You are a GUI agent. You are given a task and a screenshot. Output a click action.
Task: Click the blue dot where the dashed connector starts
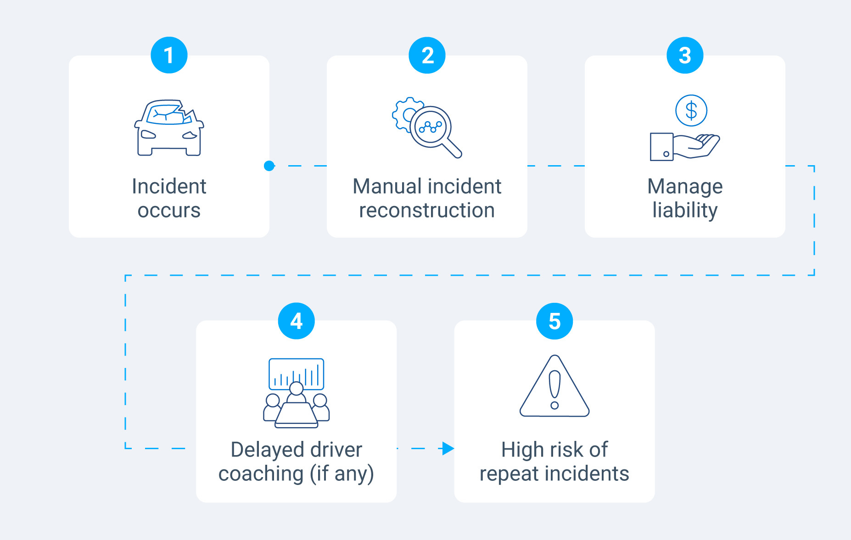tap(269, 166)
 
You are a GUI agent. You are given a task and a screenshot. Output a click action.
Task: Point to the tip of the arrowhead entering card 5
tap(454, 448)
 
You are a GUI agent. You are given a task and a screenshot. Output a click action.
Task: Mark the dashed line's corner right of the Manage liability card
tap(814, 166)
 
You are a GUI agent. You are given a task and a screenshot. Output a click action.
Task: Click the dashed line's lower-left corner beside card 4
tap(126, 448)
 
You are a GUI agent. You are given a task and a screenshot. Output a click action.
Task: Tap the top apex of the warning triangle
tap(555, 356)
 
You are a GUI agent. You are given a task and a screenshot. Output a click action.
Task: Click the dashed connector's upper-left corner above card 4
tap(126, 275)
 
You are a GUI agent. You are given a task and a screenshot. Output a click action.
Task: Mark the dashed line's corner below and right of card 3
tap(814, 275)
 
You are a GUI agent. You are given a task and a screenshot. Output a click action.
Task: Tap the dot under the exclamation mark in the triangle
tap(554, 405)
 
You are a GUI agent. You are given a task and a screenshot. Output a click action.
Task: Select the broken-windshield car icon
tap(169, 128)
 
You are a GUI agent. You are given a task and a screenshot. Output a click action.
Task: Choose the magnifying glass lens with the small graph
tap(431, 127)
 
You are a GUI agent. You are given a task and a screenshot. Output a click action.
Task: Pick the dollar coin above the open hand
tap(691, 111)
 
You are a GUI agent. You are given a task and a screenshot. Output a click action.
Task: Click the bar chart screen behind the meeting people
tap(297, 374)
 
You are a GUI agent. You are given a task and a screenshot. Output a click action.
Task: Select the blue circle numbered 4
tap(297, 321)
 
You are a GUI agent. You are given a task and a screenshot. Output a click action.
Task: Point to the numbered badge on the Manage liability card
tap(685, 55)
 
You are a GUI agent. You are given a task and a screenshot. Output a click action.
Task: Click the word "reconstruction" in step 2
tap(427, 211)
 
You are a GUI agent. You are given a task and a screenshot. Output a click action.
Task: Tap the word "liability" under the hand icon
tap(685, 211)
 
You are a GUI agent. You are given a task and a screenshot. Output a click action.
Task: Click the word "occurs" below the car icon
tap(169, 211)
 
